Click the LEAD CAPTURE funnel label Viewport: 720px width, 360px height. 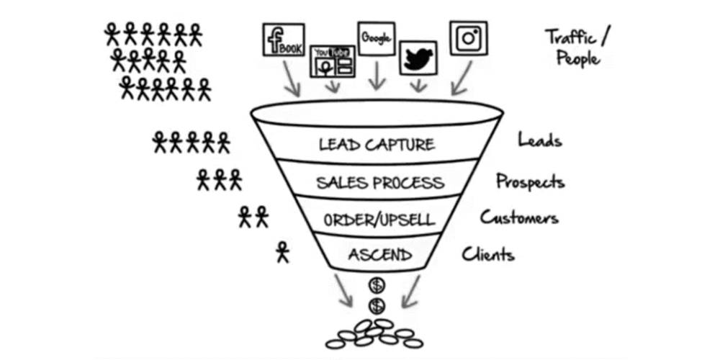pos(377,144)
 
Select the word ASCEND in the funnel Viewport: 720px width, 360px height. pos(380,254)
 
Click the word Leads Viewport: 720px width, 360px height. pos(539,140)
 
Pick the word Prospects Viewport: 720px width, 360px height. pos(529,181)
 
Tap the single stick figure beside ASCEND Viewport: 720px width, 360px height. pos(282,252)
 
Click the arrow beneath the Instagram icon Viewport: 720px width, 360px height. pos(462,78)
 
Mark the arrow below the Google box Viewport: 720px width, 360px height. pos(375,77)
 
